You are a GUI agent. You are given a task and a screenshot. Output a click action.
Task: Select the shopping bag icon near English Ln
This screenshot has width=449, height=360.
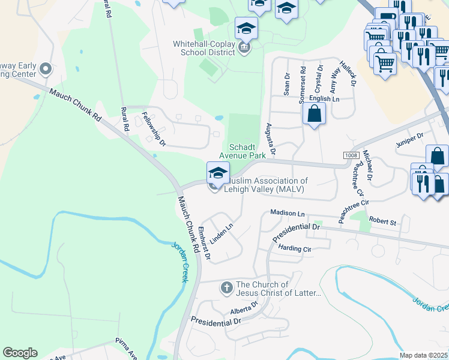[314, 113]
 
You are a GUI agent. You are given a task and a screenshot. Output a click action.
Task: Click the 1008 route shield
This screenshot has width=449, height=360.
[352, 155]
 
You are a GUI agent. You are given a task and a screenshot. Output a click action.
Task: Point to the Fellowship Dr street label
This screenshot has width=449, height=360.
[153, 129]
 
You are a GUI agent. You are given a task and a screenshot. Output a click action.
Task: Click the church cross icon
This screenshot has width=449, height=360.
[226, 288]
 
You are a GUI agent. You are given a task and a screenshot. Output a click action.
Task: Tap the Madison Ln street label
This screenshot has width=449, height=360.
[288, 213]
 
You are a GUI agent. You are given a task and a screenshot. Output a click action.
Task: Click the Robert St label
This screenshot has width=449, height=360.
[382, 221]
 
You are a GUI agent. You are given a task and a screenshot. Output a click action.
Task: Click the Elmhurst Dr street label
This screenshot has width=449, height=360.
[204, 243]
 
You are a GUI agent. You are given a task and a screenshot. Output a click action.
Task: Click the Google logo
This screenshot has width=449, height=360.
[20, 353]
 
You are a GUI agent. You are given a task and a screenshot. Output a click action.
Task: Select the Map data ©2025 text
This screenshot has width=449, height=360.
[423, 355]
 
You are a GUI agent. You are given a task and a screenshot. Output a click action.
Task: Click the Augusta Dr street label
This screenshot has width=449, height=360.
[270, 139]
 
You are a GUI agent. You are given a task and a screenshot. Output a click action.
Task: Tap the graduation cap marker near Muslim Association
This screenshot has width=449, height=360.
[217, 173]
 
